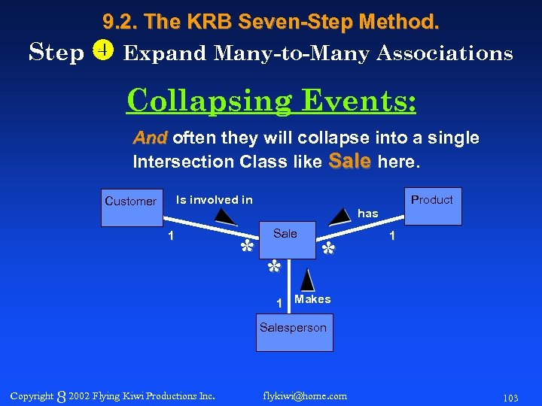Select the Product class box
[432, 205]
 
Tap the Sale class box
[285, 240]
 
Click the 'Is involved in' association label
[215, 199]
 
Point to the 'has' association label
[368, 214]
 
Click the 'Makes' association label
[312, 299]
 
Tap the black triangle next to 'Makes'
[306, 281]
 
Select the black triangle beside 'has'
[341, 216]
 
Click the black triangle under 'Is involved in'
[224, 217]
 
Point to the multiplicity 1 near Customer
[171, 236]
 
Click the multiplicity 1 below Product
[391, 236]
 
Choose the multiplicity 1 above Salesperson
[279, 303]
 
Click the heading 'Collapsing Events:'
[271, 100]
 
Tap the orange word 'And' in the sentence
[151, 138]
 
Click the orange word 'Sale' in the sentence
[350, 161]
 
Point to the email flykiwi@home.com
[306, 395]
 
